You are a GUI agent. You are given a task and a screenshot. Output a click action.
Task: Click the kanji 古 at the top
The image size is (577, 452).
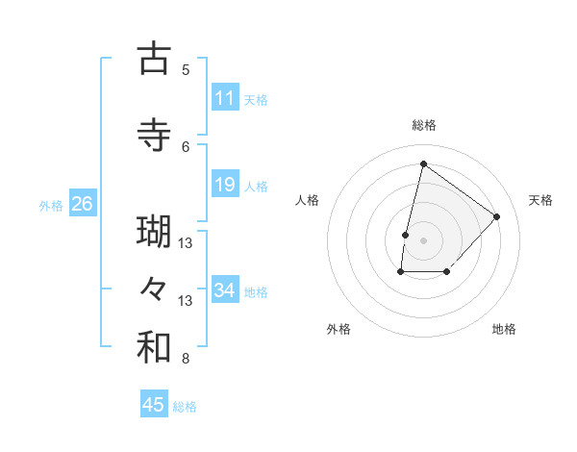point(154,60)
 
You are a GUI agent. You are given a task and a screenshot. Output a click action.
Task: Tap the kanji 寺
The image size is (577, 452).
point(154,135)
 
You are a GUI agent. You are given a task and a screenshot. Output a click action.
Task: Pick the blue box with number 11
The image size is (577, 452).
point(225,98)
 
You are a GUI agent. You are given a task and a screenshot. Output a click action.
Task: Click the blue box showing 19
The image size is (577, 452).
point(225,185)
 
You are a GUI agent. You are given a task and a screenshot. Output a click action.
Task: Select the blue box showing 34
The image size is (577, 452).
point(225,289)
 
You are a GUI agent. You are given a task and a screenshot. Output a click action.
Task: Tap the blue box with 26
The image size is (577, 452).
point(82,204)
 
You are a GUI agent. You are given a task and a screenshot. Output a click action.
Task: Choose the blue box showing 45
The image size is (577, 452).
point(154,405)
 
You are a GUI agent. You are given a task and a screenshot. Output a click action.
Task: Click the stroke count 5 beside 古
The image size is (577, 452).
point(186,70)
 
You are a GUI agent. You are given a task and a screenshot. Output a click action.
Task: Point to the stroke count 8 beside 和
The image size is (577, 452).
point(186,360)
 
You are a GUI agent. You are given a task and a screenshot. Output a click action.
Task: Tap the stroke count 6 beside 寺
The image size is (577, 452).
point(186,146)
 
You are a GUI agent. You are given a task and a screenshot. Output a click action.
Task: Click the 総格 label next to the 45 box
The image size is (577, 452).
point(185,407)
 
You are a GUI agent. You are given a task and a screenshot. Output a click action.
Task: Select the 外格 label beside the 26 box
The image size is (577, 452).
point(51,205)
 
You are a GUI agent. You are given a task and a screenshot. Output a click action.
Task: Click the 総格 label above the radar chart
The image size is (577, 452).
point(423,125)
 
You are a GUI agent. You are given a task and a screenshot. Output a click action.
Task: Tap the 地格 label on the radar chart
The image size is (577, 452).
point(504,329)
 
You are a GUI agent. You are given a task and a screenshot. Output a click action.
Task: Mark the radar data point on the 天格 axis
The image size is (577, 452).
point(496,216)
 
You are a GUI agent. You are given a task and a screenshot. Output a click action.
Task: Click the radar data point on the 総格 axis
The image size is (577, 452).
point(423,163)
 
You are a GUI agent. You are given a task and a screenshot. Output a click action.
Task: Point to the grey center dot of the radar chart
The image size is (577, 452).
point(423,239)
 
